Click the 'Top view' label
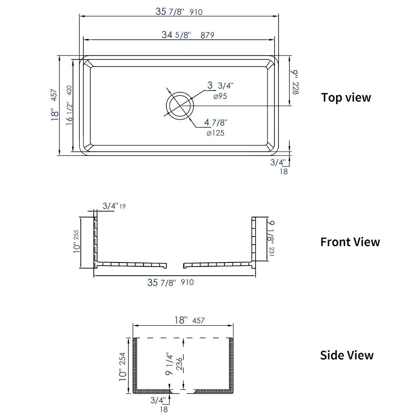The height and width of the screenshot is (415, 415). pos(346,98)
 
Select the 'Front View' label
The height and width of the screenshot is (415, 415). pos(350,242)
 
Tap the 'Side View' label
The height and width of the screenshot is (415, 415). pos(347,355)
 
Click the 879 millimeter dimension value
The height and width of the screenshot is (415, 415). pos(207,35)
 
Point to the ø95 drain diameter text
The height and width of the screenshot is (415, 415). pos(220,96)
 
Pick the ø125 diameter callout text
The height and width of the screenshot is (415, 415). pos(215,133)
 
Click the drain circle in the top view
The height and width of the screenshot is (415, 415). pos(179,105)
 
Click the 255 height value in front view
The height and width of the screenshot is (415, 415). pos(76,237)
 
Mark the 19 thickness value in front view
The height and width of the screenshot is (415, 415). pos(122,206)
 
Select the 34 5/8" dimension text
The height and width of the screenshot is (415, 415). pos(176,35)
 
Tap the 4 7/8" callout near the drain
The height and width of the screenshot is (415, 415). pos(215,122)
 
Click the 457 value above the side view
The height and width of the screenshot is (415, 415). pos(198,321)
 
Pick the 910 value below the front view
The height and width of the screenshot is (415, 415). pos(187,283)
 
